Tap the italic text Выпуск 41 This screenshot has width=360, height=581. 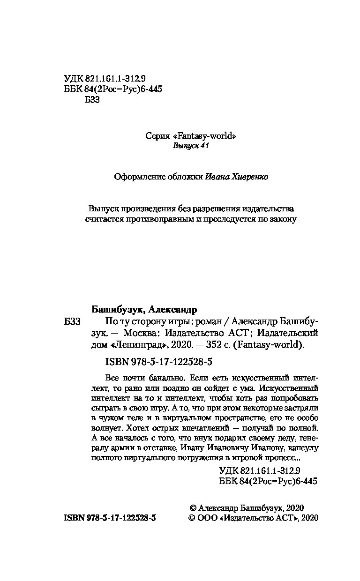[x=190, y=146]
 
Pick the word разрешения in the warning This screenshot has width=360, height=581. [x=219, y=209]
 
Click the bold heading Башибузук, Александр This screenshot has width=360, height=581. [x=143, y=310]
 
